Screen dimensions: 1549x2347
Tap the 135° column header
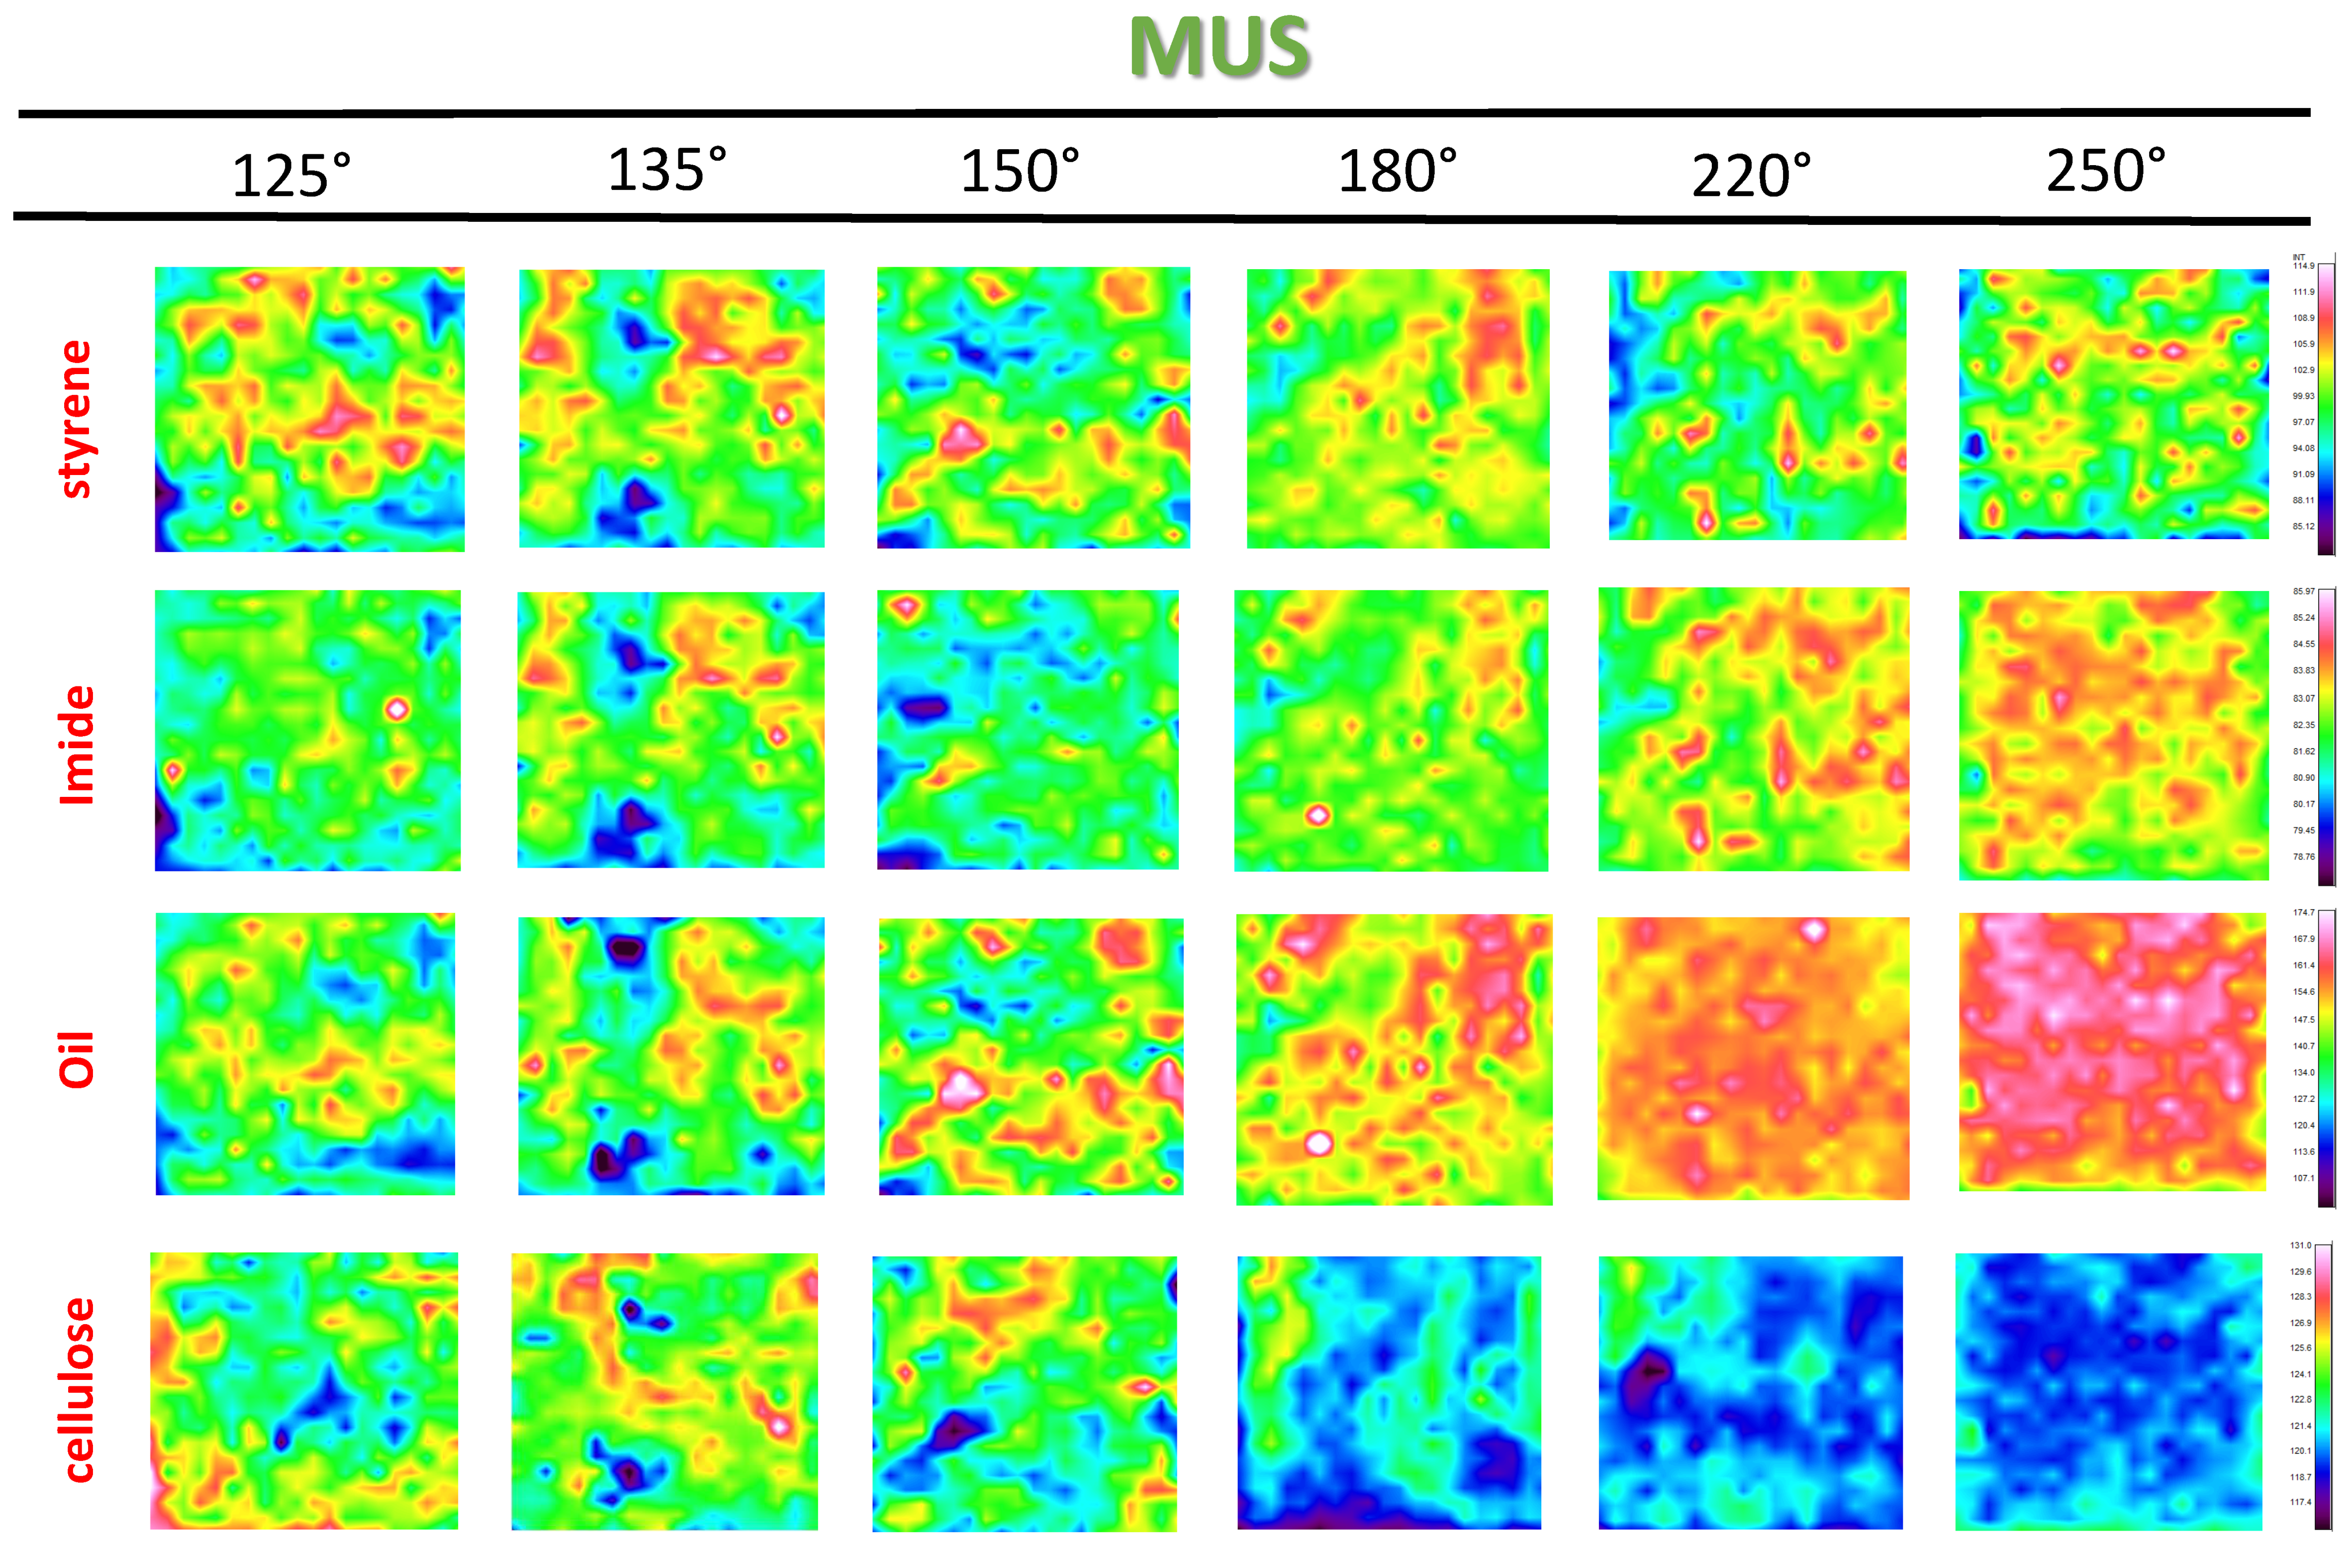[x=667, y=170]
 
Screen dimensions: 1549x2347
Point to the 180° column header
[x=1397, y=172]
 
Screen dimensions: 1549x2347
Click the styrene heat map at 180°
[x=1398, y=408]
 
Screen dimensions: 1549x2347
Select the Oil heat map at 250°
[x=2112, y=1051]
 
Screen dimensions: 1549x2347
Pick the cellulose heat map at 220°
[x=1750, y=1392]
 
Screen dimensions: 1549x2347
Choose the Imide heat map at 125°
[x=307, y=730]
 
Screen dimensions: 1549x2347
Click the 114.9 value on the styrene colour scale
[x=2303, y=266]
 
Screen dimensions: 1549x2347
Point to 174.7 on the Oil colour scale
[x=2303, y=912]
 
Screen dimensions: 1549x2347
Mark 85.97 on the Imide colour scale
[x=2303, y=591]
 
